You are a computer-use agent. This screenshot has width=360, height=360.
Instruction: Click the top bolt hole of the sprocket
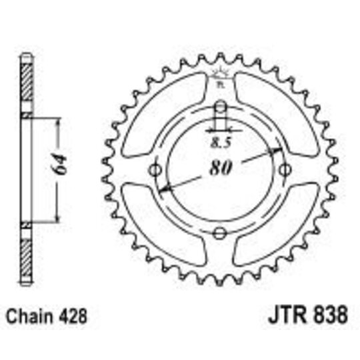click(x=221, y=107)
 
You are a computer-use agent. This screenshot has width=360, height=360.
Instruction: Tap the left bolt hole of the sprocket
click(x=157, y=170)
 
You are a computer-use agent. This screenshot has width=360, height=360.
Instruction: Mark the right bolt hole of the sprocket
click(x=284, y=170)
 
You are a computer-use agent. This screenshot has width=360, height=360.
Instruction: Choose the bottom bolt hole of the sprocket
click(x=221, y=233)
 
